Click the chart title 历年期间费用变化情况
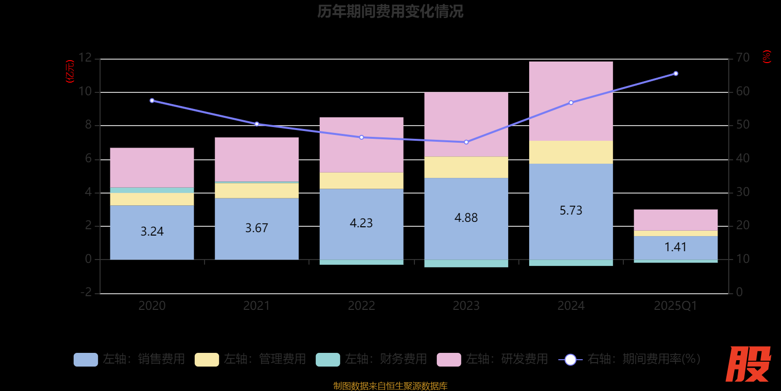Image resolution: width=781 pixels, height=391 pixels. pyautogui.click(x=390, y=11)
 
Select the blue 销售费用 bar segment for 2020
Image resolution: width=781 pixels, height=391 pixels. pyautogui.click(x=152, y=232)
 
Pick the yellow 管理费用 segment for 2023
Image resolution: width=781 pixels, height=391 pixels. pyautogui.click(x=466, y=167)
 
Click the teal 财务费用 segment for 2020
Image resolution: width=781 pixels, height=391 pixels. pyautogui.click(x=152, y=190)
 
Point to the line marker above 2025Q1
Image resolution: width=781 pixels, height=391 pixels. pyautogui.click(x=676, y=74)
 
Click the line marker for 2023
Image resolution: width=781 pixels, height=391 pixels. pyautogui.click(x=466, y=142)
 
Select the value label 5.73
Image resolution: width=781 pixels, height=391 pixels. pyautogui.click(x=571, y=211)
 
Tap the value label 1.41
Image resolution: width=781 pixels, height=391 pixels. pyautogui.click(x=676, y=247)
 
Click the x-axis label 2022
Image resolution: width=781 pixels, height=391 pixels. pyautogui.click(x=361, y=306)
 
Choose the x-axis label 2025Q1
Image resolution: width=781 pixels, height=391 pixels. pyautogui.click(x=676, y=306)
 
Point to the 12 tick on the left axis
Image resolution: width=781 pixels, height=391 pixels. pyautogui.click(x=85, y=58)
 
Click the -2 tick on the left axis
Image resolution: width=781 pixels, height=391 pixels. pyautogui.click(x=85, y=292)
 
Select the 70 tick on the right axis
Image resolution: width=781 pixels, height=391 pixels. pyautogui.click(x=742, y=58)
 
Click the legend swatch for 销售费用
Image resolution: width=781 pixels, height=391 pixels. pyautogui.click(x=85, y=360)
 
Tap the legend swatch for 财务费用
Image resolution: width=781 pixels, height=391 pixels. pyautogui.click(x=328, y=360)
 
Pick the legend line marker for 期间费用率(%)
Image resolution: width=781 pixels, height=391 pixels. pyautogui.click(x=570, y=360)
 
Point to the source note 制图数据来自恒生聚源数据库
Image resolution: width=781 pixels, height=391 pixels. pyautogui.click(x=390, y=386)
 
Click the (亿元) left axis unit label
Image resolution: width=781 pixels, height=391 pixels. pyautogui.click(x=70, y=71)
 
